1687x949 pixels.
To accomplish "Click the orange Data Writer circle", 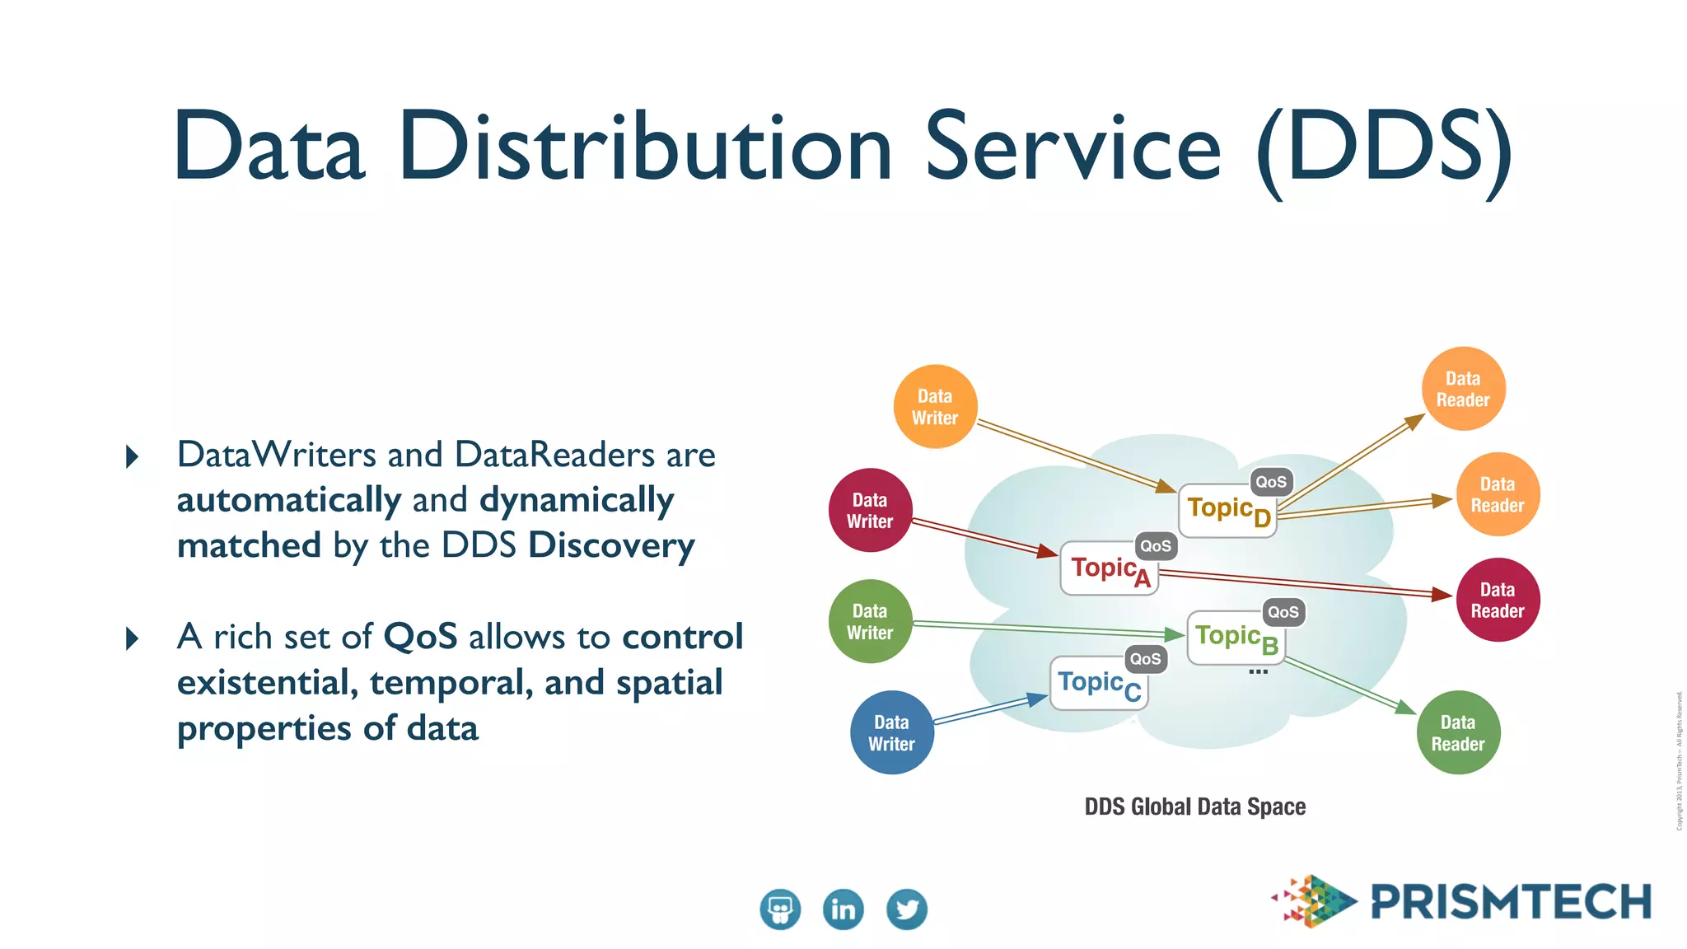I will coord(935,406).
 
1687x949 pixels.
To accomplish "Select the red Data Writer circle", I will coord(870,511).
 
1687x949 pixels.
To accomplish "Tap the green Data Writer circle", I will coord(870,622).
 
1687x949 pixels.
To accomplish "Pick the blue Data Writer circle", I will coord(891,732).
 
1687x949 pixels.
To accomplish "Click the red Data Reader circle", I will coord(1498,600).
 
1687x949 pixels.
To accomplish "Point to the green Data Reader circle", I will coord(1457,732).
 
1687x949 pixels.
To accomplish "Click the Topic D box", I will coord(1227,512).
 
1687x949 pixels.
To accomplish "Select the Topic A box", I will coord(1109,569).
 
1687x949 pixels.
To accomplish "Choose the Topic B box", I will coord(1236,638).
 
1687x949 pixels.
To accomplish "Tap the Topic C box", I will coord(1099,684).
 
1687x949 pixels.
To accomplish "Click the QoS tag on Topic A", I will coord(1155,546).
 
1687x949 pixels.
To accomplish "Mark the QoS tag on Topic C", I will coord(1145,659).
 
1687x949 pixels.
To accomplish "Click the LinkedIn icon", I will coord(843,909).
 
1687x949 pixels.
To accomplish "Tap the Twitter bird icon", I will coord(906,909).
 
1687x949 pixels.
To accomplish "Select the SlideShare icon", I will coord(779,909).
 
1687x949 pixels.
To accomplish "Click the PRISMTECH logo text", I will coord(1511,901).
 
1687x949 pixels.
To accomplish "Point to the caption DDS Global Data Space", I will coord(1194,806).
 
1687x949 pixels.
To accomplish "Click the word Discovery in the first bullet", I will coord(611,545).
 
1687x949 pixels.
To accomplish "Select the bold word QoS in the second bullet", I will coord(420,637).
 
